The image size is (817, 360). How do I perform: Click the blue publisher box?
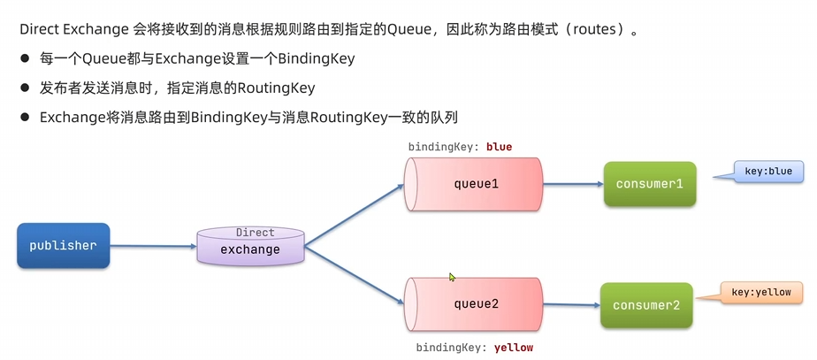(63, 245)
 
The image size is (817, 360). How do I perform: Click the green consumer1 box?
(650, 184)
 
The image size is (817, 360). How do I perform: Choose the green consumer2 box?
(646, 305)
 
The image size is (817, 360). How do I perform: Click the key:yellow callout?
(760, 292)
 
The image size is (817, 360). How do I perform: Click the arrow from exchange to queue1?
(354, 212)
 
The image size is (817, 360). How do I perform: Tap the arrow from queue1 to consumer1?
(573, 185)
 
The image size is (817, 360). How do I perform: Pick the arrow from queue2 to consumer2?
(571, 305)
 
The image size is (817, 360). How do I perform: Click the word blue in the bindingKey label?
(499, 147)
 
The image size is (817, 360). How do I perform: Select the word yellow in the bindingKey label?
(514, 348)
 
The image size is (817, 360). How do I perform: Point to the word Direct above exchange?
(255, 233)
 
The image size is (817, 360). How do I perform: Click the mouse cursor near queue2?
(452, 277)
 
